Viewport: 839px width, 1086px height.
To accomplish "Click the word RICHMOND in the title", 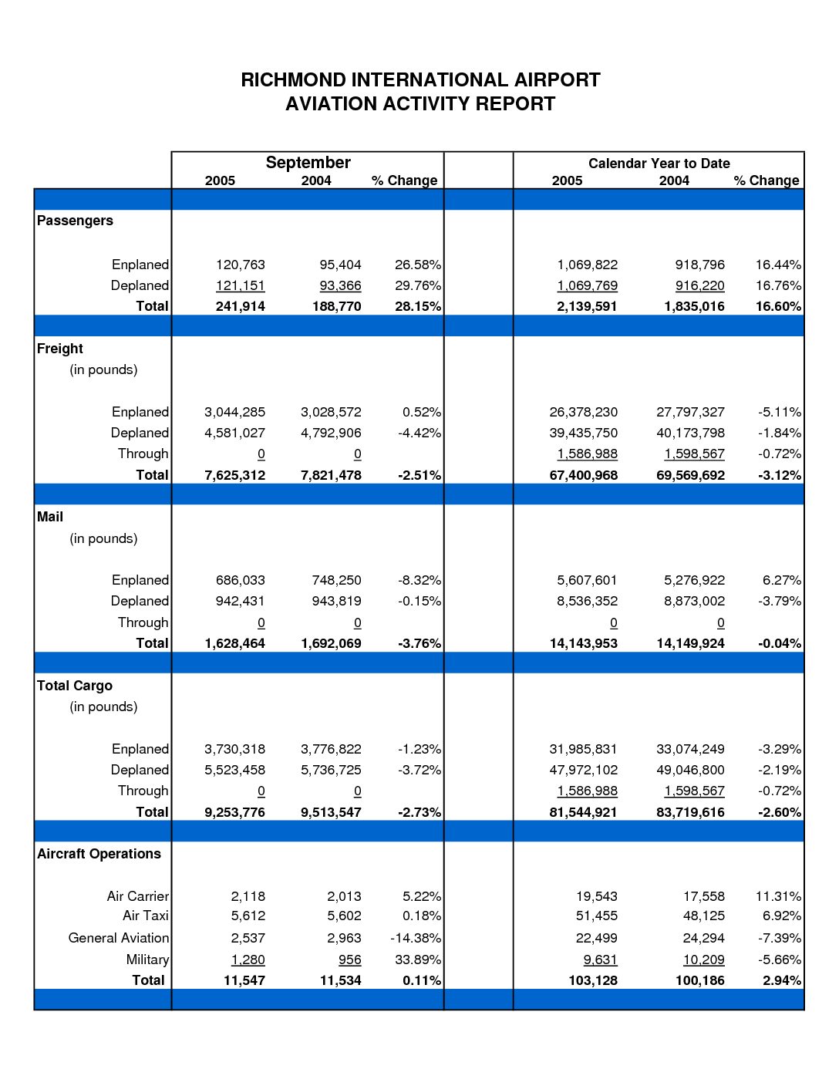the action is (x=293, y=80).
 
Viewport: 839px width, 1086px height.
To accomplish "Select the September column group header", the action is (x=308, y=163).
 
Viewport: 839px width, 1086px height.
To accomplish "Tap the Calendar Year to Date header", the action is (x=659, y=164).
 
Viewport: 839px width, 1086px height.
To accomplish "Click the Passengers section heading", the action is (x=75, y=221).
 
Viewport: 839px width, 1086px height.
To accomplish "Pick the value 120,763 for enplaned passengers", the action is (x=241, y=265).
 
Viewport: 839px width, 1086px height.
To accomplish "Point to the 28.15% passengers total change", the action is (x=418, y=306).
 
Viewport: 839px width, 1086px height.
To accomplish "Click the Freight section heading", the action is (x=60, y=349).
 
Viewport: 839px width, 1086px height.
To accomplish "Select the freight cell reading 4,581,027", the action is (x=235, y=433).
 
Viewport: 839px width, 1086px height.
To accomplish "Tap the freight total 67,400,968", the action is (x=583, y=475).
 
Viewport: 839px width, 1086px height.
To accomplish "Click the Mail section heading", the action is (x=50, y=517).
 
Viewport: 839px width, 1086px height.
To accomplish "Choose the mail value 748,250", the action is (x=336, y=580).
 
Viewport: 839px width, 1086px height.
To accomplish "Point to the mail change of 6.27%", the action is (x=781, y=580).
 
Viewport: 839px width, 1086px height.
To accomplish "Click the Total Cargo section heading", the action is (x=75, y=686).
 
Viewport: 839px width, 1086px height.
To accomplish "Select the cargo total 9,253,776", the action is (x=235, y=812).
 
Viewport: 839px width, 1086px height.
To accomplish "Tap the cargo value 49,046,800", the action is (x=690, y=770).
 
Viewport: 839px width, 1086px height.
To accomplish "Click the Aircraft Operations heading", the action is (x=99, y=854).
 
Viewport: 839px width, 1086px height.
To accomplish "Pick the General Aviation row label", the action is (x=119, y=938).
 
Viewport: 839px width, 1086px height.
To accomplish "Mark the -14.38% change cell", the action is (x=416, y=938).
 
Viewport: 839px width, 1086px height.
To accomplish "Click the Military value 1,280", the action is (x=248, y=960).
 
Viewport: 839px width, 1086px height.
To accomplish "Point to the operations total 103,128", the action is (x=593, y=980).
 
